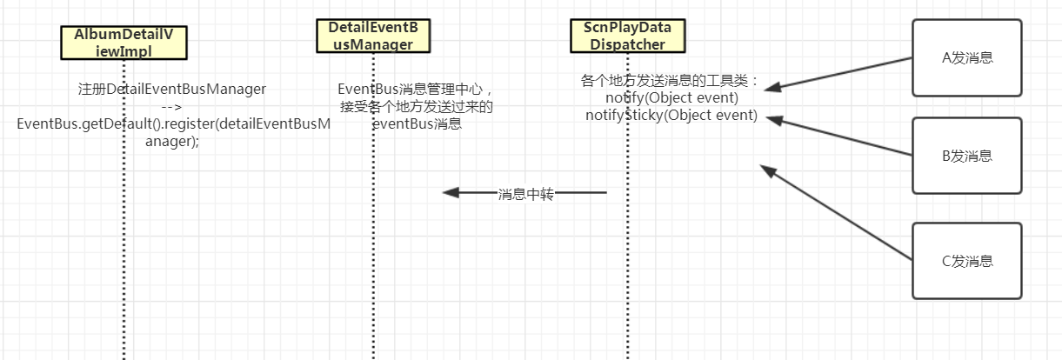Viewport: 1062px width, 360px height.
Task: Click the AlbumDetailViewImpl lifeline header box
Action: [124, 43]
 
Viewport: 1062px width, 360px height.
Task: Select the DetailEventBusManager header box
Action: [372, 37]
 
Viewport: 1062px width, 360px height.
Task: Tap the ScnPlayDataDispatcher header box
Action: [627, 37]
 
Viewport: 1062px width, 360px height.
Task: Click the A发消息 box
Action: [967, 58]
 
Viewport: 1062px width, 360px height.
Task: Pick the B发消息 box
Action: [967, 156]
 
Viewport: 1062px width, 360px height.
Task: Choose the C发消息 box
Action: [967, 261]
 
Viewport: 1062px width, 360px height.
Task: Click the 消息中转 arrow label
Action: [525, 193]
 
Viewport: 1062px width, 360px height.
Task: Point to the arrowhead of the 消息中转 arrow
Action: [448, 192]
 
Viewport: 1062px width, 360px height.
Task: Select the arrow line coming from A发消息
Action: [842, 73]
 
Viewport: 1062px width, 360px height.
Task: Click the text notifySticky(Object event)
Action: [671, 115]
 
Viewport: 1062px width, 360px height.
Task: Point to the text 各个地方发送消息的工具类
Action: [668, 81]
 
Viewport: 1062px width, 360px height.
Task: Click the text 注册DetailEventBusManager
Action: [171, 89]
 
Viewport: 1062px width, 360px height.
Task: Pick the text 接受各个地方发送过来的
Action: [416, 107]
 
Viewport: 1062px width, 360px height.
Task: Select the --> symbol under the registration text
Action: [171, 107]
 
